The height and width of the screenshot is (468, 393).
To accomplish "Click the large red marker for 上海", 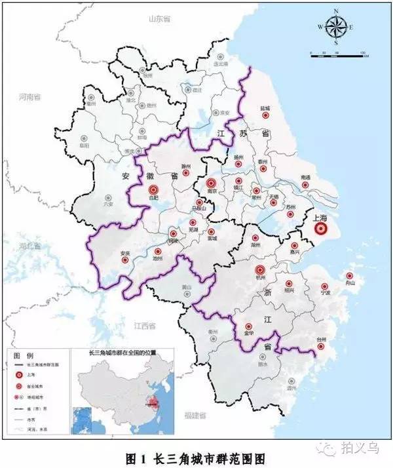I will coord(320,229).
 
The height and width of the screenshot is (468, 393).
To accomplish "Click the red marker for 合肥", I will coord(154,191).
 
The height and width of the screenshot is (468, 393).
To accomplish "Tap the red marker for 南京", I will coord(211,184).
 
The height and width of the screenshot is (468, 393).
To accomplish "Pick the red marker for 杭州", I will coord(259,269).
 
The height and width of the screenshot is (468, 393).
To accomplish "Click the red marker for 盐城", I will coord(266,115).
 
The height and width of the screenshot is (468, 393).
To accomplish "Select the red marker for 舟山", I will coord(350,276).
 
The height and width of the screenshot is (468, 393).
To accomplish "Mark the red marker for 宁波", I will coord(325,286).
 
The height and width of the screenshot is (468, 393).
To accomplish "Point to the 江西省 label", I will coord(143,325).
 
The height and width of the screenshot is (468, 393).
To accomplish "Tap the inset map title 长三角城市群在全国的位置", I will coord(120,353).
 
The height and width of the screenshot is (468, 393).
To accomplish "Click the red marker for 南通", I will coord(305,184).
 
